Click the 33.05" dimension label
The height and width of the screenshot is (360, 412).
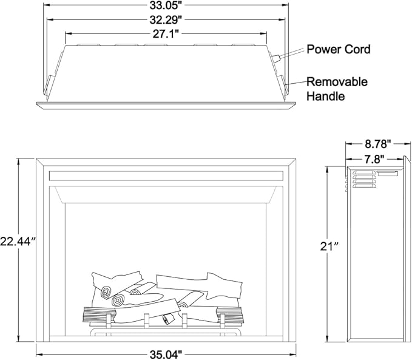coord(166,5)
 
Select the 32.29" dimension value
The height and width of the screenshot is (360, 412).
coord(166,19)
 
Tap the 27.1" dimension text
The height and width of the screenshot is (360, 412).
coord(166,34)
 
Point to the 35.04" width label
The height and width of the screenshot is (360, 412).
coord(166,355)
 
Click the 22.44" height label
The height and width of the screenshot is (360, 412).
coord(18,241)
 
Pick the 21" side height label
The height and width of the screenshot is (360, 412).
coord(329,246)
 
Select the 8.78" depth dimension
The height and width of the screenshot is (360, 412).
coord(378,144)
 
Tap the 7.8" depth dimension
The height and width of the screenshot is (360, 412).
coord(374,159)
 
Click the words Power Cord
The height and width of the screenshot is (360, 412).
coord(339,49)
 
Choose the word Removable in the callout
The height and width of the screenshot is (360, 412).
coord(337,82)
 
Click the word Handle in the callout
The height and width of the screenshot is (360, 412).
coord(326,96)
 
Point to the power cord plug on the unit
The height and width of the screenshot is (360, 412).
coord(275,59)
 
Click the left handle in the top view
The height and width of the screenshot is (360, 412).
coord(49,86)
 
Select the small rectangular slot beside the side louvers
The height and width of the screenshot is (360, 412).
coord(388,173)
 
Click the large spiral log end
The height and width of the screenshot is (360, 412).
coord(118,301)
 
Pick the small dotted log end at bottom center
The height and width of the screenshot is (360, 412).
coord(168,320)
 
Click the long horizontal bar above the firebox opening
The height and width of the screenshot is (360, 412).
coord(166,176)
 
